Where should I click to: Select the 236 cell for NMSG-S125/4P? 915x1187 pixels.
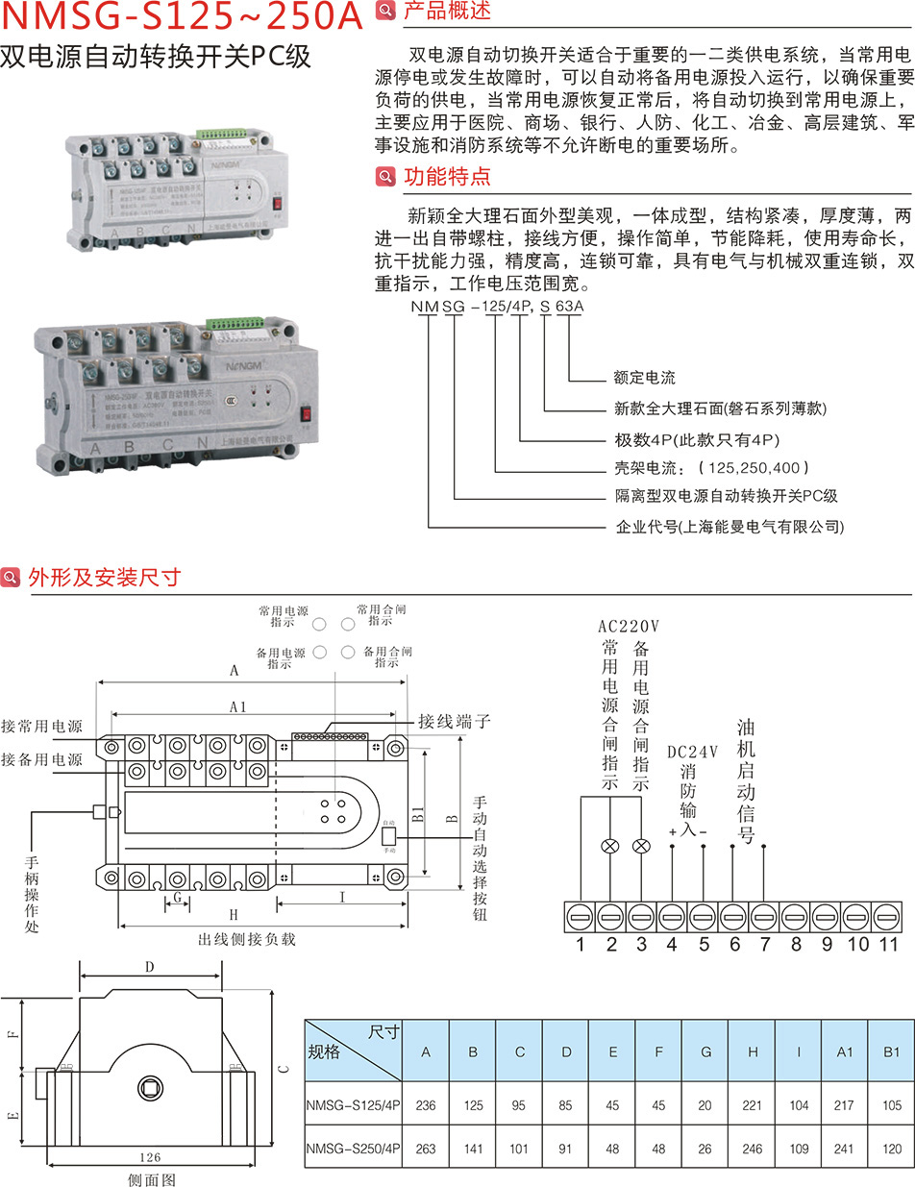426,1104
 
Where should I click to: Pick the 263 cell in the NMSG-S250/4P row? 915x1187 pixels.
426,1148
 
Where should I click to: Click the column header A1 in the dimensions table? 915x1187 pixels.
844,1051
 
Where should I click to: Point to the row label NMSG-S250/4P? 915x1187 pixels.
352,1148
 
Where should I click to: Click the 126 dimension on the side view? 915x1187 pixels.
149,1157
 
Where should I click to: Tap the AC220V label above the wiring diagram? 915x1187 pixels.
629,626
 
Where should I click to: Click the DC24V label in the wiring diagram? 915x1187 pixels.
692,753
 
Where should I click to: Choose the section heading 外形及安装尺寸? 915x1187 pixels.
104,578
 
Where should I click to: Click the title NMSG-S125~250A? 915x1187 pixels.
183,16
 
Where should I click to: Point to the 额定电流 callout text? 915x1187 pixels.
644,378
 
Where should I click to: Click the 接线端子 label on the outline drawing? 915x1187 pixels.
455,720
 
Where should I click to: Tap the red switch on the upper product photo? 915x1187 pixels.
277,203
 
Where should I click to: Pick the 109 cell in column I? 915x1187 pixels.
798,1148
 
